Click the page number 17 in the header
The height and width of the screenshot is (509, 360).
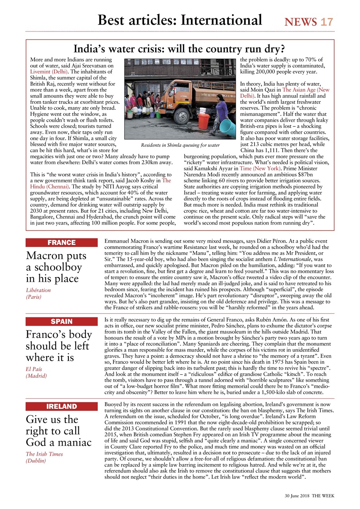click(x=327, y=21)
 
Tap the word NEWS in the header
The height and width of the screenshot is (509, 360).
click(x=301, y=21)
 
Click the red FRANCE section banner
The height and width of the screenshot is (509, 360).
click(x=61, y=243)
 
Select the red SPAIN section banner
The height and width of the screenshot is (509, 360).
click(x=61, y=322)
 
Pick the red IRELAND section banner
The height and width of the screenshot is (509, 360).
click(x=61, y=406)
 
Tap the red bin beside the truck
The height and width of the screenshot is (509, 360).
click(x=203, y=121)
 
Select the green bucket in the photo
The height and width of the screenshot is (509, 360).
click(x=130, y=115)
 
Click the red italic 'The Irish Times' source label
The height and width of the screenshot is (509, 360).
click(x=44, y=454)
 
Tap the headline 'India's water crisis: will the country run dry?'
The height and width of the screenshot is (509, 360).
click(x=179, y=49)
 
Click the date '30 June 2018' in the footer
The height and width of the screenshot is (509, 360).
click(x=297, y=496)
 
